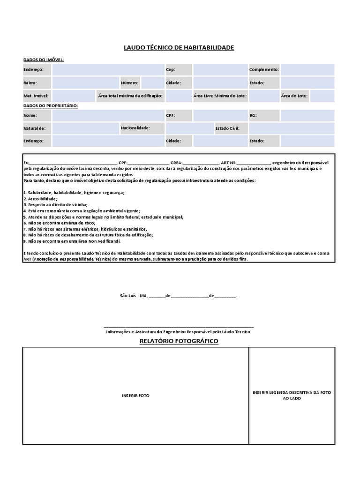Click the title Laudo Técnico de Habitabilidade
pyautogui.click(x=179, y=48)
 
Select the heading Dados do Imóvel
pyautogui.click(x=44, y=60)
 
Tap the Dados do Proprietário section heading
pyautogui.click(x=51, y=105)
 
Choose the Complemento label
pyautogui.click(x=264, y=70)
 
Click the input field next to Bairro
pyautogui.click(x=85, y=83)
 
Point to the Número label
pyautogui.click(x=129, y=83)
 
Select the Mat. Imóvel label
pyautogui.click(x=36, y=96)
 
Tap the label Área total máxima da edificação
pyautogui.click(x=130, y=96)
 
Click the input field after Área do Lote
pyautogui.click(x=322, y=96)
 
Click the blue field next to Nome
pyautogui.click(x=107, y=115)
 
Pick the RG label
pyautogui.click(x=253, y=115)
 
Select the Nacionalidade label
pyautogui.click(x=135, y=127)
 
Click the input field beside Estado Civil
pyautogui.click(x=291, y=128)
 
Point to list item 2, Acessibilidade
pyautogui.click(x=40, y=199)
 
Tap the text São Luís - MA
pyautogui.click(x=134, y=296)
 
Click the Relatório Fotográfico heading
pyautogui.click(x=179, y=341)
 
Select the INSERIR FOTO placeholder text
pyautogui.click(x=135, y=396)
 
